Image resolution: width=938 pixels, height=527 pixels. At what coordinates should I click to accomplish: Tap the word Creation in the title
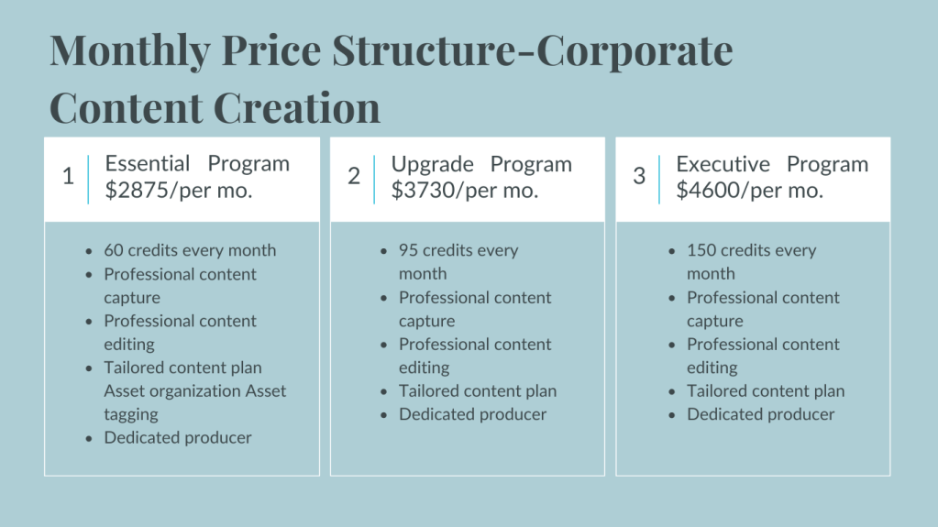point(297,107)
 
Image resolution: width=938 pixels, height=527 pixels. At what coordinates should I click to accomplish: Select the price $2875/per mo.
point(178,191)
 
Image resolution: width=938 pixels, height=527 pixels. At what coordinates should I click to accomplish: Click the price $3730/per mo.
point(465,191)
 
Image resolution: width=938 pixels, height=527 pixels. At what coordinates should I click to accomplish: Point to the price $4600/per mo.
point(749,191)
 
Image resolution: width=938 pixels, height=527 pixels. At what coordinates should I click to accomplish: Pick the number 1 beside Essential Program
point(68,176)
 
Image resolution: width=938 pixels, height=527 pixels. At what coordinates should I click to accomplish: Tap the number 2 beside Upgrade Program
point(354,176)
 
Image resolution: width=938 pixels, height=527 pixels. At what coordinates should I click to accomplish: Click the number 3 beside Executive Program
point(639,176)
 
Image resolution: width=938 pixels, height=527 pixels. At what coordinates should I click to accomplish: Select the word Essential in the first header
point(147,163)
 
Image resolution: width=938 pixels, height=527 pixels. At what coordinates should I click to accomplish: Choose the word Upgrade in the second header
point(432,164)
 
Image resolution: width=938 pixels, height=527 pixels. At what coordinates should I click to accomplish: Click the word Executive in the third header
point(723,164)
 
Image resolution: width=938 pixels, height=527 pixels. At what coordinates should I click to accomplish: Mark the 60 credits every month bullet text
point(190,250)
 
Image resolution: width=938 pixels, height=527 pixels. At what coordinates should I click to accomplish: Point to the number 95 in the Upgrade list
point(408,250)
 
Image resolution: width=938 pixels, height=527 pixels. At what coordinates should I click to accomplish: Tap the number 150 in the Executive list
point(701,250)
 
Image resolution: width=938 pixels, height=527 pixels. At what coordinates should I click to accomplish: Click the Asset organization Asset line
point(195,390)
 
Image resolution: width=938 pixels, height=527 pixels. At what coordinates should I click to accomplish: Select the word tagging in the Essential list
point(131,414)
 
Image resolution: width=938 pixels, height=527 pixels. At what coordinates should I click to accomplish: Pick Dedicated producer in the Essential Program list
point(178,437)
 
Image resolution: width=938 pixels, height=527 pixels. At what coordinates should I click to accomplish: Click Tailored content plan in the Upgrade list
point(478,390)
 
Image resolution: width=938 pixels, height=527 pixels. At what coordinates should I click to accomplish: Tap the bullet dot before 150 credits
point(672,251)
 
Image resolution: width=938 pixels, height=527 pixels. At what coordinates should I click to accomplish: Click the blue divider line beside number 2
point(374,180)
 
